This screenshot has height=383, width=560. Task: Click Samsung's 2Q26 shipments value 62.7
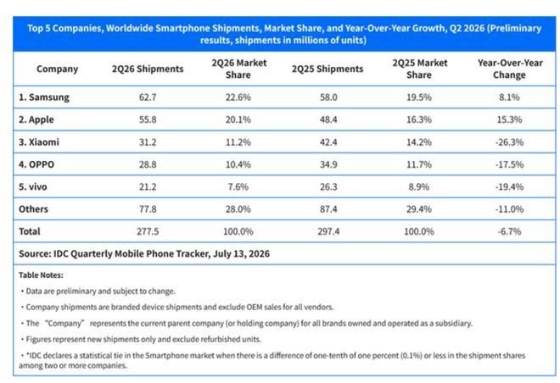click(148, 97)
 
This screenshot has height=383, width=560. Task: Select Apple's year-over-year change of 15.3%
click(509, 119)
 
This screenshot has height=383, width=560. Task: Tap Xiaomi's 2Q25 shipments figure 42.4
click(328, 142)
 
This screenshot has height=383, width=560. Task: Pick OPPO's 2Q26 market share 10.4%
click(238, 164)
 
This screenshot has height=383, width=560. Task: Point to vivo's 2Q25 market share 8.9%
click(419, 187)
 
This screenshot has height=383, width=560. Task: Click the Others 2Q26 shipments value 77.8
click(148, 209)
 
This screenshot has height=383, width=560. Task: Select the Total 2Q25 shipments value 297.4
click(328, 231)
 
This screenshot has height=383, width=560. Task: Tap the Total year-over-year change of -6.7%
click(509, 231)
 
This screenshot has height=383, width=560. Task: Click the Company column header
click(57, 69)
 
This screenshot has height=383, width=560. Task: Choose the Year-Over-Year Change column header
click(510, 69)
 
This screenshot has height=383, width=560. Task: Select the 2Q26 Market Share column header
click(238, 69)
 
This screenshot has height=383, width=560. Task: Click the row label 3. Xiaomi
click(39, 142)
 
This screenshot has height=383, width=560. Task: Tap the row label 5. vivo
click(33, 187)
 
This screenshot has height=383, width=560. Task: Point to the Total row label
click(30, 231)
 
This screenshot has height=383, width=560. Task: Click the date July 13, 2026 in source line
click(242, 254)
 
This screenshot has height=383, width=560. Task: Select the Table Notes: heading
click(41, 275)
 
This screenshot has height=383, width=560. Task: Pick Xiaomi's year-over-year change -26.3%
click(509, 142)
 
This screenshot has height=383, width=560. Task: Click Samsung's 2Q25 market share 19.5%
click(419, 97)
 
